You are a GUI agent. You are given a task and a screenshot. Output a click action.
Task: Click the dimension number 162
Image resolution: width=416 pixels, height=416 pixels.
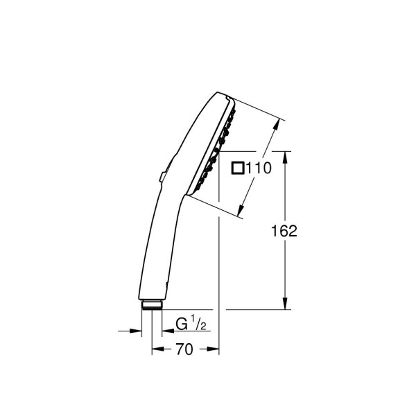click(284, 231)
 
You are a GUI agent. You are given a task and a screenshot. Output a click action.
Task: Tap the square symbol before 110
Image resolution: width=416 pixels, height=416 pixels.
click(238, 167)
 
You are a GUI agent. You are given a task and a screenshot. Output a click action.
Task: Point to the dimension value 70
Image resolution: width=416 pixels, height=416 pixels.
click(184, 350)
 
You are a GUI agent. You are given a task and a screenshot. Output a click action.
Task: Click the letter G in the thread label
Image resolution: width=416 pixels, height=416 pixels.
click(182, 324)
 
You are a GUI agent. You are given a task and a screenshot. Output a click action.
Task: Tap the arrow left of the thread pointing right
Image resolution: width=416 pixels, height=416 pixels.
click(136, 331)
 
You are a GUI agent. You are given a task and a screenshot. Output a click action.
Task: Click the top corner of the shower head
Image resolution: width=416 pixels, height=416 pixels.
click(227, 94)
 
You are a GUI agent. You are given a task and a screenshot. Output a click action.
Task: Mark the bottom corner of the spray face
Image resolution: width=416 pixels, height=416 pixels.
click(189, 195)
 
